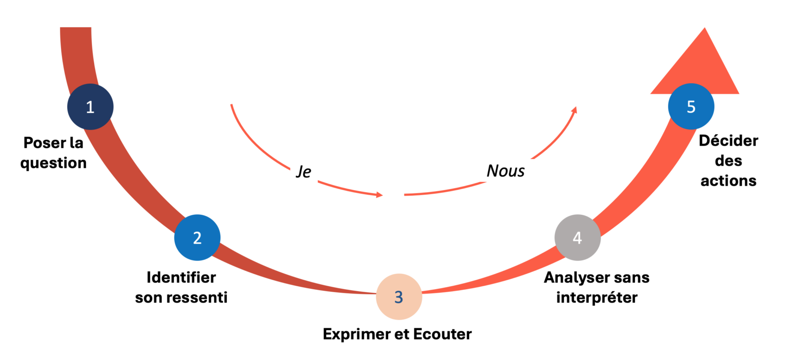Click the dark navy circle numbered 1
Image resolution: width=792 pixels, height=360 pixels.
point(90,107)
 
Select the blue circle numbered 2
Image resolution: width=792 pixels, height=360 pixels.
point(197,238)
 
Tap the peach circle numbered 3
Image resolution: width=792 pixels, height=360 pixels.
point(398,297)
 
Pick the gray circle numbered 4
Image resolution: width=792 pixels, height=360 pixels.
point(577,238)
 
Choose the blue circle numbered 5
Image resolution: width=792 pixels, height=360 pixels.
point(691,106)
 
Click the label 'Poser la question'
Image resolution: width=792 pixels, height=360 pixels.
point(53,153)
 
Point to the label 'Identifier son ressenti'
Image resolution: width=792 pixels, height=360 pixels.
point(181,287)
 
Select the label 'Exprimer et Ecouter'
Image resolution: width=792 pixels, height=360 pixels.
point(397,334)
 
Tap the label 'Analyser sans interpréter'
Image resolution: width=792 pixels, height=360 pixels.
point(596,287)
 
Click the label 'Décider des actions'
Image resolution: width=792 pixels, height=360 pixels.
point(728,160)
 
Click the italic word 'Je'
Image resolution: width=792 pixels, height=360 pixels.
point(304,171)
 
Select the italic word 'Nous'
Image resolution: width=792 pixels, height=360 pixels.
point(505,171)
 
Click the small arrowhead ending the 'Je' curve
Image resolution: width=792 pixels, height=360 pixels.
point(379,195)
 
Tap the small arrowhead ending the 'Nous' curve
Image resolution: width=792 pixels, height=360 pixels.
point(574,110)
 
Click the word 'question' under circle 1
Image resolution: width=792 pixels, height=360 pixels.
point(53,163)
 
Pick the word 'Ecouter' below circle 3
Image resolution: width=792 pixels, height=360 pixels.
point(442,334)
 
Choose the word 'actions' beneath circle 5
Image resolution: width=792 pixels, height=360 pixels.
point(728,181)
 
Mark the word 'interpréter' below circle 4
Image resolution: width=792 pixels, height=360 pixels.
point(596,298)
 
